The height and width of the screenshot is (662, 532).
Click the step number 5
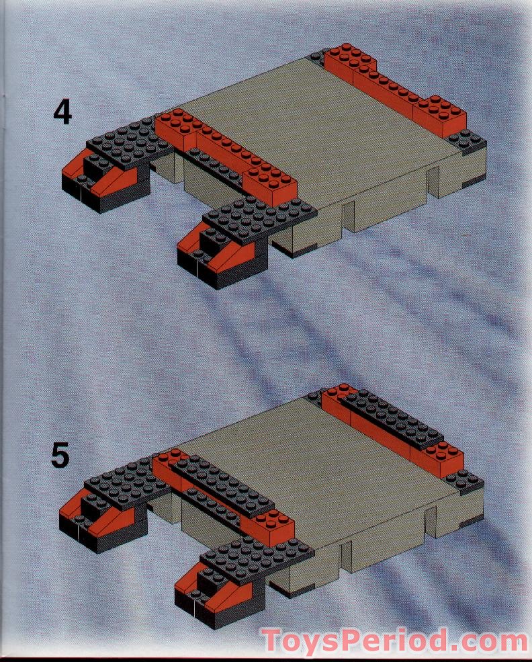60,456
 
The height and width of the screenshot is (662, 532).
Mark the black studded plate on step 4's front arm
259,218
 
